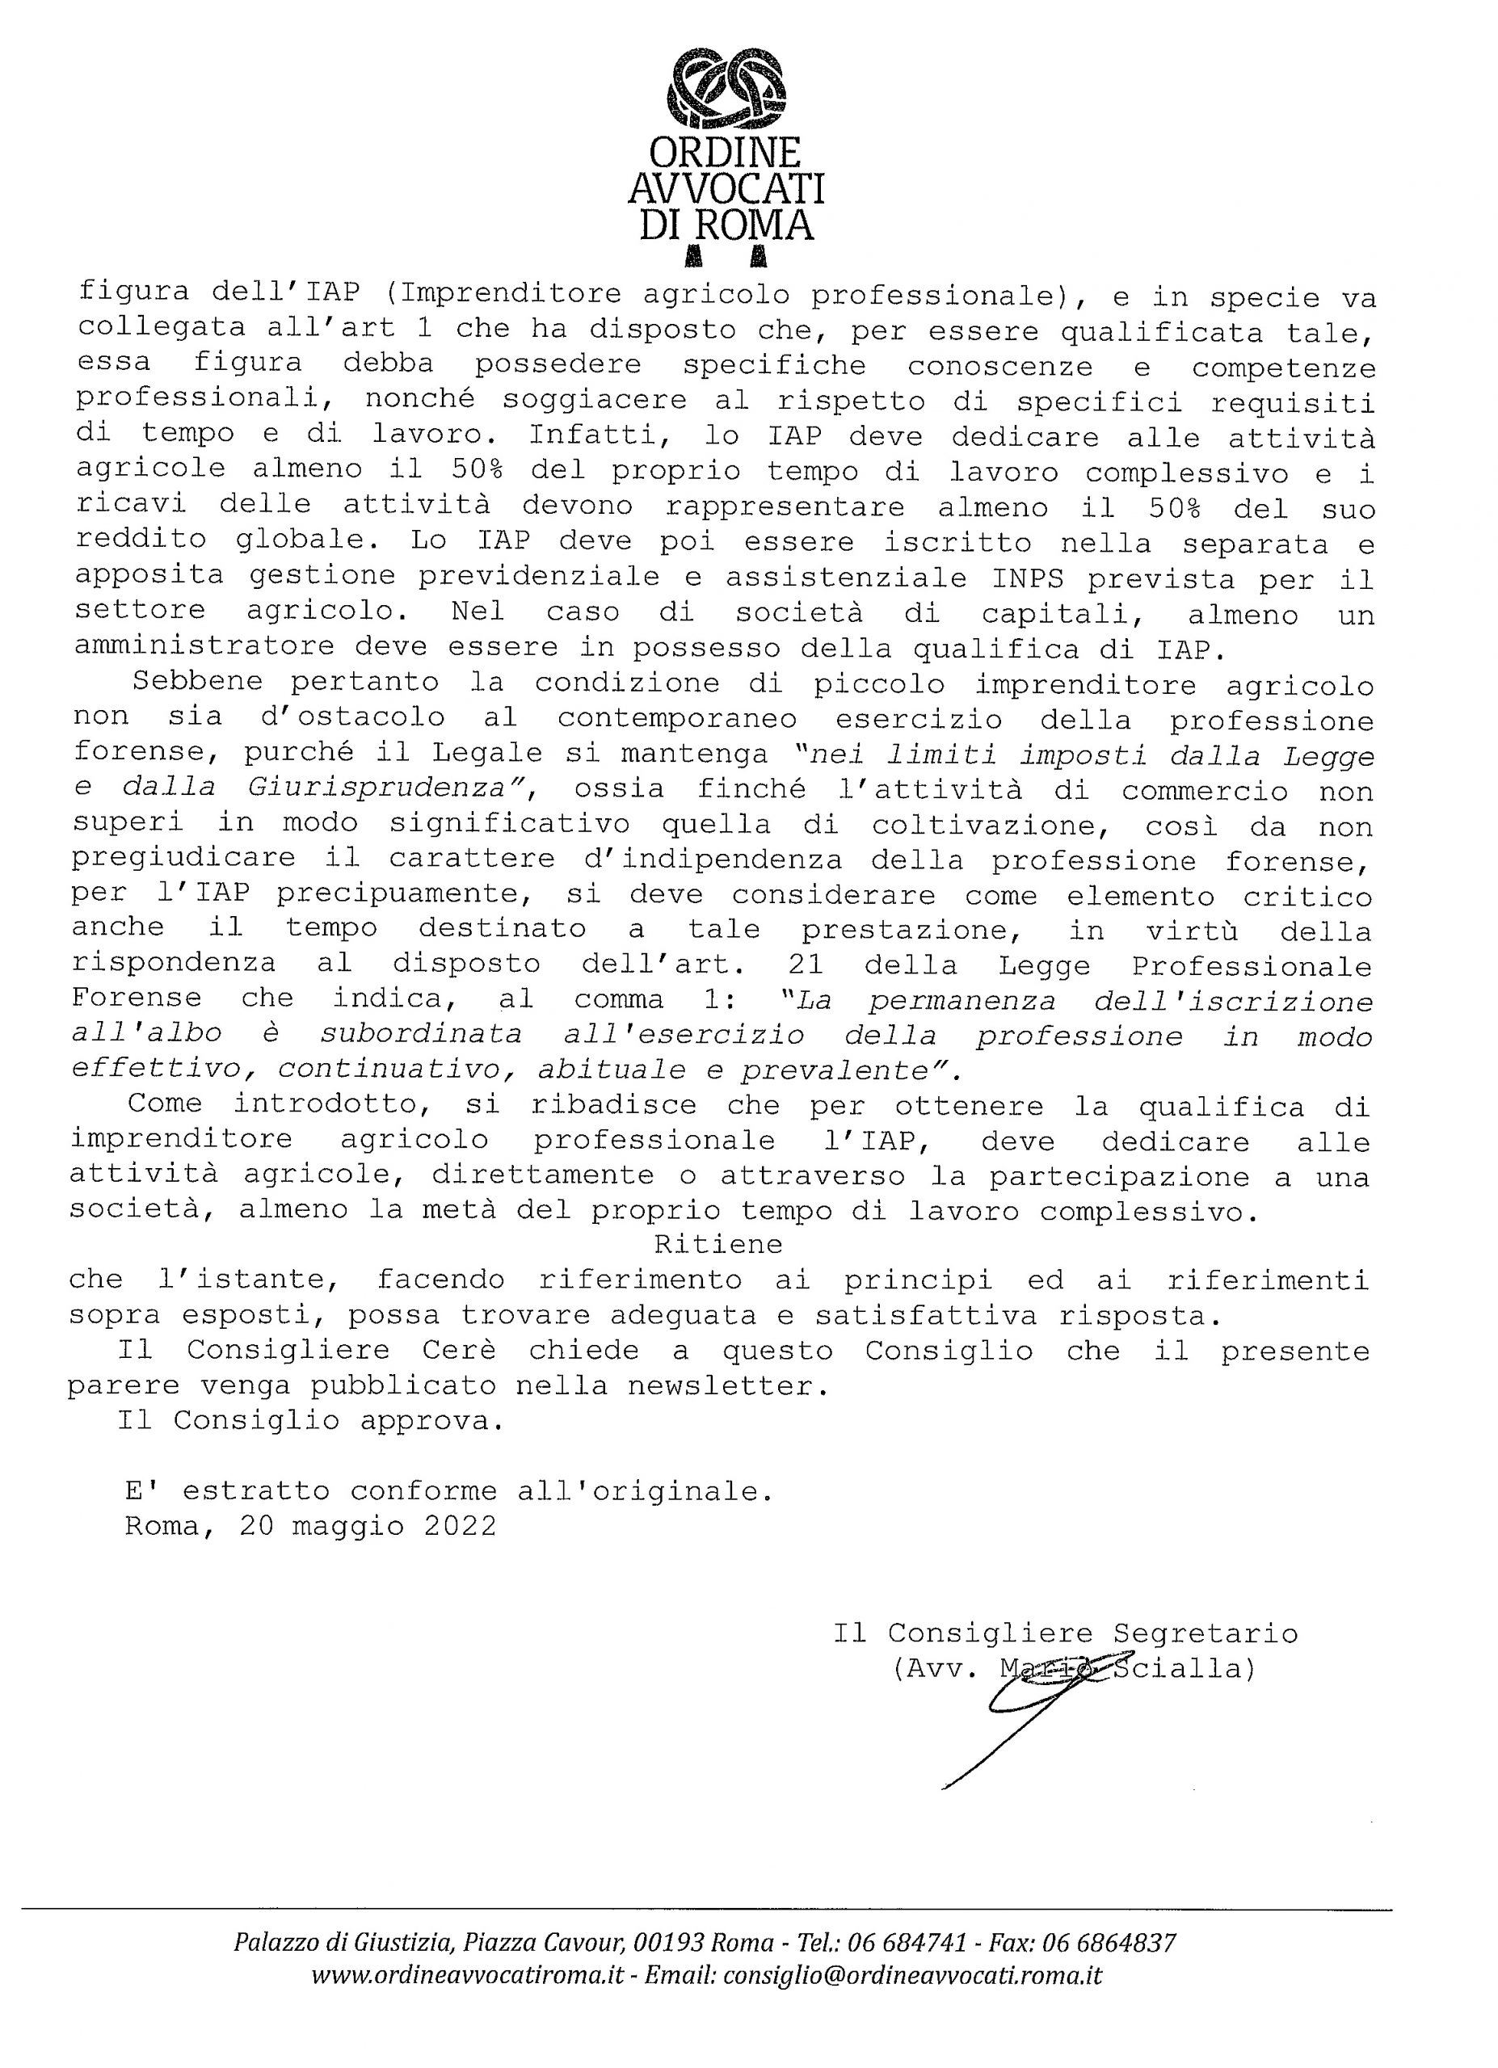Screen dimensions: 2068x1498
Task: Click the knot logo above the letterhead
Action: [x=726, y=90]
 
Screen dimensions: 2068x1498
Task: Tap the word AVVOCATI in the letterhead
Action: [x=726, y=189]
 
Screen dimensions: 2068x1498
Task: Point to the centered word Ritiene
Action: [x=718, y=1244]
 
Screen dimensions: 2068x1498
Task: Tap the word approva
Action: [x=431, y=1422]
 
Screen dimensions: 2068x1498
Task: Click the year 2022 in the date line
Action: [x=461, y=1527]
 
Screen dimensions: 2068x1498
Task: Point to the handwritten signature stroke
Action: [x=1012, y=1714]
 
